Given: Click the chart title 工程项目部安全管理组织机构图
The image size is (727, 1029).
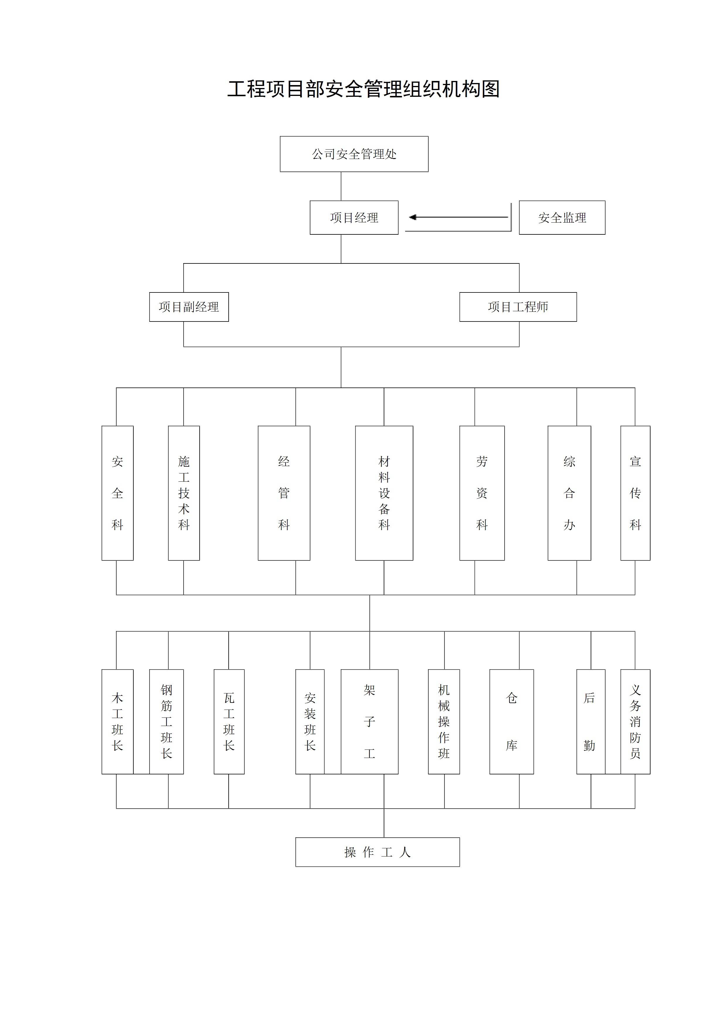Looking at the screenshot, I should point(363,89).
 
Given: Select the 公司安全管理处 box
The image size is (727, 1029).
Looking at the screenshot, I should point(354,154).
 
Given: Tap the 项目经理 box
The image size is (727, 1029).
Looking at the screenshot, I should point(354,218).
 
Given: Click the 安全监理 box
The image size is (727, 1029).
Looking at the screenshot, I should point(562,218).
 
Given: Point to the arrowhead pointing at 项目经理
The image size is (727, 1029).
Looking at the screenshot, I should point(412,217).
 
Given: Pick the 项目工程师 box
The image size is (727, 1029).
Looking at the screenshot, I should point(518,307).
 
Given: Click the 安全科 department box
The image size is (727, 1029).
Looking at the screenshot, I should point(117,493).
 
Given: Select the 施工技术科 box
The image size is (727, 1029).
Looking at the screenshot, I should point(184,493).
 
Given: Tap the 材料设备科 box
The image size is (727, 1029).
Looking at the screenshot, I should point(384,493).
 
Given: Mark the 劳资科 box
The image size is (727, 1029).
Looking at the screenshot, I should point(482,493).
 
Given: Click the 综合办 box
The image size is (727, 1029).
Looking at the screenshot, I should point(569,493).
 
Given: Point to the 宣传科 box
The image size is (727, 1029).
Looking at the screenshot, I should point(635,493).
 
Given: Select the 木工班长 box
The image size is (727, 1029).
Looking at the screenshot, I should point(117,722).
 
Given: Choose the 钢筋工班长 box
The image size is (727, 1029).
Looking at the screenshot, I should point(166,722).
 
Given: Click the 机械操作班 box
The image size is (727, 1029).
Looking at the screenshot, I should point(444,722).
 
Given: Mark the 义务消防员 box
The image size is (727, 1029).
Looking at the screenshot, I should point(635,722).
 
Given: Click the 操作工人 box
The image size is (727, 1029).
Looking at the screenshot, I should point(377,852).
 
